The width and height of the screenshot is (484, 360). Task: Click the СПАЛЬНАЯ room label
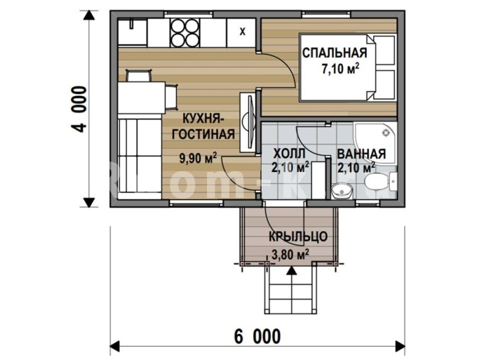click(335, 53)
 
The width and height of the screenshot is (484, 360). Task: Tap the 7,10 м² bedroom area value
click(340, 69)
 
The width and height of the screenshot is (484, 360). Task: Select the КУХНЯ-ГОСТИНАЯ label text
click(203, 126)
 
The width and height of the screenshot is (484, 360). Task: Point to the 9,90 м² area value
click(198, 158)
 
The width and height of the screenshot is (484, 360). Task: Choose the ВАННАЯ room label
click(361, 154)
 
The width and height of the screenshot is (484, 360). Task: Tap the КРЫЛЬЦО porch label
click(298, 236)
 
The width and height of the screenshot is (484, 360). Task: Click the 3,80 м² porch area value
click(290, 255)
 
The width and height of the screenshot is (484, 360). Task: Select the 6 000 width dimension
click(257, 336)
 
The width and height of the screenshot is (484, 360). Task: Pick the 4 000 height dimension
click(79, 109)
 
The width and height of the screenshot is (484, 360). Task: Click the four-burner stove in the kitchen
click(185, 33)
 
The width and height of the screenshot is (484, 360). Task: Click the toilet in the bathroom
click(375, 182)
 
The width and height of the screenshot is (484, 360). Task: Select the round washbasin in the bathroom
click(342, 191)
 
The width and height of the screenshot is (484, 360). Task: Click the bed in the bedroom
click(347, 67)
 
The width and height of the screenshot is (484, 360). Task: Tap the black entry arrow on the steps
click(291, 271)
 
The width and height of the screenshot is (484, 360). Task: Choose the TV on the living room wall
click(250, 122)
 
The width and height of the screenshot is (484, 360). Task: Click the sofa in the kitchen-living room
click(140, 156)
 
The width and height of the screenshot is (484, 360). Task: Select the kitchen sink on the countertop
click(133, 32)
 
